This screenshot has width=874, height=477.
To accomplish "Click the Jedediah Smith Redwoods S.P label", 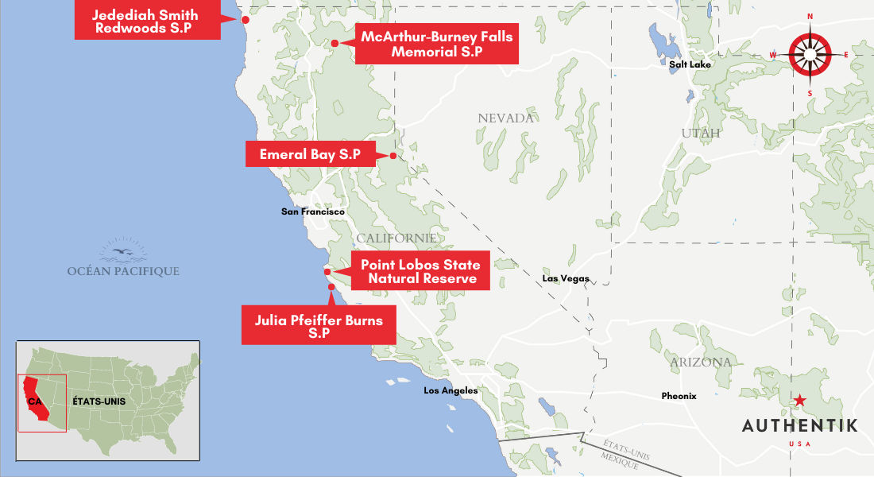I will [x=145, y=21].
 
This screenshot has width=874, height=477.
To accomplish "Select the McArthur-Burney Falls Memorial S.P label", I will [x=436, y=45].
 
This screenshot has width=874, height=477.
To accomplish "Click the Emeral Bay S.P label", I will [x=311, y=154].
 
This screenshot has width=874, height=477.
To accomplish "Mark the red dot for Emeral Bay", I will [x=393, y=156].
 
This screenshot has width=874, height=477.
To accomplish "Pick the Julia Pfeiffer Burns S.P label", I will [x=318, y=327].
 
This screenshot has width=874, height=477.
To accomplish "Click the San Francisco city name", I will [x=313, y=212].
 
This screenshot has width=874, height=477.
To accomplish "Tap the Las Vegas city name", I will [x=566, y=279].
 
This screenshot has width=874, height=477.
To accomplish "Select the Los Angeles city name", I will [x=451, y=390].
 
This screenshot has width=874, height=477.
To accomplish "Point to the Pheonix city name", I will [x=679, y=396].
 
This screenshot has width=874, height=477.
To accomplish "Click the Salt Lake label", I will [x=690, y=64].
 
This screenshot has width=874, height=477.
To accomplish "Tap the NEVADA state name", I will [x=505, y=118].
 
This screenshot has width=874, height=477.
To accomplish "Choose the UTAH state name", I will [x=700, y=134].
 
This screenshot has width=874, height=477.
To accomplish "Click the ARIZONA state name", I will [x=700, y=363].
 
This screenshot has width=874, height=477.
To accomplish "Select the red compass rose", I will [x=810, y=54].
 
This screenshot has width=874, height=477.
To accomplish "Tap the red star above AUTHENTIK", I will [x=799, y=401].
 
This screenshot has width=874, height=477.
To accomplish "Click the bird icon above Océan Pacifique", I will [x=124, y=252].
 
